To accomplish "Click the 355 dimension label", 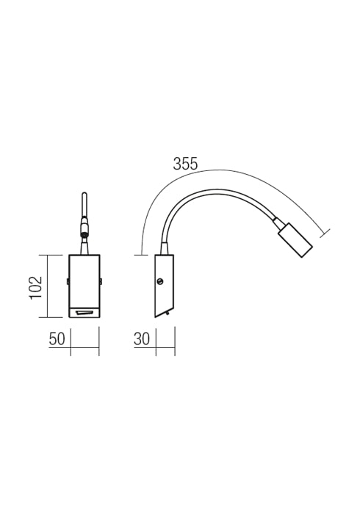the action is (186, 164).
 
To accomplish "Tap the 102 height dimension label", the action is (36, 287).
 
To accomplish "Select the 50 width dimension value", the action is (57, 339).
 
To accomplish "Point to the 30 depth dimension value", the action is (142, 339).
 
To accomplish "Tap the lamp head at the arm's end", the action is (295, 240).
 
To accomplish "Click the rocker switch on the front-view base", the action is (84, 314).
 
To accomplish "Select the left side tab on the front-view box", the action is (68, 281).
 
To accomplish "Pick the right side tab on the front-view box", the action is (101, 281).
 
